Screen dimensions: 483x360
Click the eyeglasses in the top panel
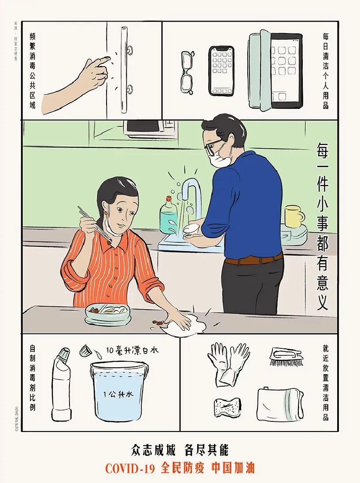click(187, 72)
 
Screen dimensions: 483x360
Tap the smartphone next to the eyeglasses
click(221, 70)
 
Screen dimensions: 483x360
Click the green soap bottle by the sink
click(169, 217)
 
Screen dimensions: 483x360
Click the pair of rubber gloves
click(228, 363)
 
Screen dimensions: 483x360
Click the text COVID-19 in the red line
click(129, 468)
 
